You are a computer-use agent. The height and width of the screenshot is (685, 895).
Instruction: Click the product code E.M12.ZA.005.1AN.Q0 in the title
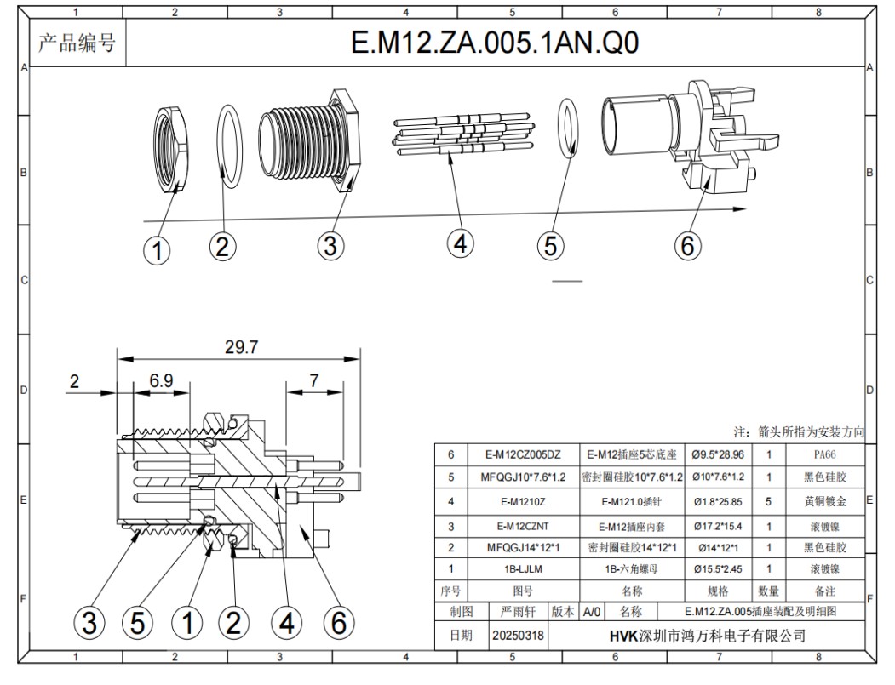tap(495, 43)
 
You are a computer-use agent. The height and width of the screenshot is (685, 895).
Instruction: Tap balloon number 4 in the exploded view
tap(460, 244)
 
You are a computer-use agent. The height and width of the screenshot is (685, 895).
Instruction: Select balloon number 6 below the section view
tap(338, 624)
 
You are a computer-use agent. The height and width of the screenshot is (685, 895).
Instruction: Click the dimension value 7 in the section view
tap(314, 381)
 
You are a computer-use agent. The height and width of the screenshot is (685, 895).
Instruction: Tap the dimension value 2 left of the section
tap(74, 382)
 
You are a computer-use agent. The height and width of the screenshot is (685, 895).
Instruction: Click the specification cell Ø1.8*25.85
tap(717, 502)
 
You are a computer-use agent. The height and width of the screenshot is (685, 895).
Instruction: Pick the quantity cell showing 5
tap(768, 502)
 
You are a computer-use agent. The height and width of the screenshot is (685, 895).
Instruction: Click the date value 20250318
tap(519, 636)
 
